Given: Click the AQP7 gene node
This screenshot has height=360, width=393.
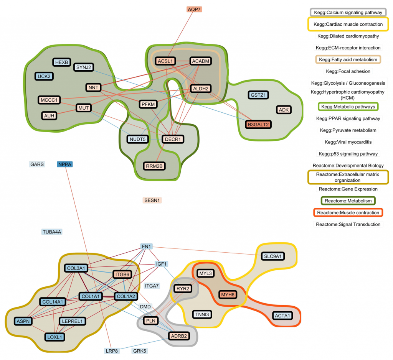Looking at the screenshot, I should click(x=194, y=9).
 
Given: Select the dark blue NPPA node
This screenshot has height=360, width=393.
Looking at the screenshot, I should click(x=65, y=164).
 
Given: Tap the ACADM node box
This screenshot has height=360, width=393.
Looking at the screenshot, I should click(x=200, y=61).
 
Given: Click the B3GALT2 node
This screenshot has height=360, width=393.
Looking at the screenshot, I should click(x=258, y=124).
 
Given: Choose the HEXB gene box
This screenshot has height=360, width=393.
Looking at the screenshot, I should click(x=61, y=62).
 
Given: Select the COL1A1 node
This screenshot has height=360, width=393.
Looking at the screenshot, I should click(x=91, y=296).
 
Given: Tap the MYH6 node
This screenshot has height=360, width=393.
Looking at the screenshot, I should click(x=227, y=294).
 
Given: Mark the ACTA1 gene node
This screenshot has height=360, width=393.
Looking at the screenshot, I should click(x=282, y=316).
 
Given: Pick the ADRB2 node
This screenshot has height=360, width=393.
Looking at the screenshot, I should click(x=179, y=336).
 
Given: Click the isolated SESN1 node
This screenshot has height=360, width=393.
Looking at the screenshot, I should click(x=152, y=200).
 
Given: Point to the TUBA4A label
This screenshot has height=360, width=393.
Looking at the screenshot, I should click(x=52, y=232).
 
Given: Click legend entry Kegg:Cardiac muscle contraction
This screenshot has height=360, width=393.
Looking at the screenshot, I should click(x=348, y=24).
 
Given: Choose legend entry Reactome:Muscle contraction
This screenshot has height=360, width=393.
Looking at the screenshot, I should click(x=348, y=212).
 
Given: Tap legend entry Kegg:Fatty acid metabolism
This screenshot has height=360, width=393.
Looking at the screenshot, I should click(x=348, y=60).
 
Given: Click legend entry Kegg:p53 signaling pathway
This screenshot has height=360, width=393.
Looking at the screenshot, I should click(x=348, y=154).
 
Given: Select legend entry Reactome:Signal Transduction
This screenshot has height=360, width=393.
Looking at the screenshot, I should click(x=348, y=224).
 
